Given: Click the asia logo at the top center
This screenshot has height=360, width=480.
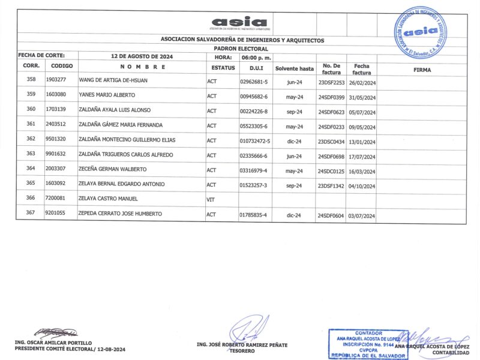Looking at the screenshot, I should (239, 22).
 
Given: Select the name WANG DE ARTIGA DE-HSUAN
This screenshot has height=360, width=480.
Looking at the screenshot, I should (113, 80).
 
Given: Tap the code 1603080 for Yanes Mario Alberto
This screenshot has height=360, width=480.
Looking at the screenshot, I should (60, 95).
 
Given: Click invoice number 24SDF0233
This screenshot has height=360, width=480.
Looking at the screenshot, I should (331, 127).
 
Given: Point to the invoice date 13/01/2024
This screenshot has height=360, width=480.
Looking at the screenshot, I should (362, 142).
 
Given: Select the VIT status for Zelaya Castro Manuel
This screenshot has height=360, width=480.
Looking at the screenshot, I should (211, 199).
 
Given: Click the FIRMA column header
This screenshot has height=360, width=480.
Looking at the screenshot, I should (422, 70).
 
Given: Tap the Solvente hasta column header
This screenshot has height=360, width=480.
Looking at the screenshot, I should (295, 68).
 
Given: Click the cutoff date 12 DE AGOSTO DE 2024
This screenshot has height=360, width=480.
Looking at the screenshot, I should (142, 57).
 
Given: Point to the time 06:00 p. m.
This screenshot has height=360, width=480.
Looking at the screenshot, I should (257, 57).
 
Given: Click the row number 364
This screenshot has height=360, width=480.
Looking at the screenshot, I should (31, 169).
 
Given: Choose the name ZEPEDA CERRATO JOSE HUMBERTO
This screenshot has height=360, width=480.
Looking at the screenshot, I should (120, 214).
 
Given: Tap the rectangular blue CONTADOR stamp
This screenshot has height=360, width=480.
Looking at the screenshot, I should (368, 344).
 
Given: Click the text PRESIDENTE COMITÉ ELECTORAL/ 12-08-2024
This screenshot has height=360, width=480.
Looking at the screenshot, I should (70, 349).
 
